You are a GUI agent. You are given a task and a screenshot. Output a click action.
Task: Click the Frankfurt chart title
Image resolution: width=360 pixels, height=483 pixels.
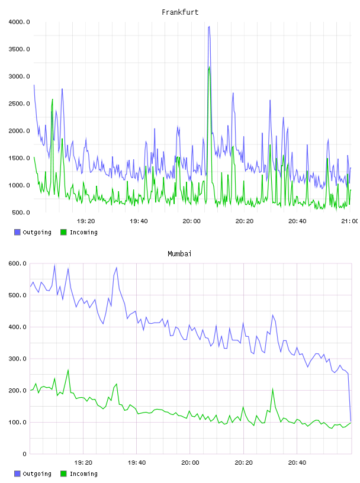tap(180, 12)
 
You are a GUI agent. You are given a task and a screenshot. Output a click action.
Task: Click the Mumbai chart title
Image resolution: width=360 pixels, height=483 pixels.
tap(179, 254)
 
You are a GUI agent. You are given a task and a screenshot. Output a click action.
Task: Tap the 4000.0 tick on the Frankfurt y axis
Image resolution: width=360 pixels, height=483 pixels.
tap(19, 22)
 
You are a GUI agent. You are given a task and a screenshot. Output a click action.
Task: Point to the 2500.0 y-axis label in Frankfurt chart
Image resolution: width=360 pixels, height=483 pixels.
tap(19, 104)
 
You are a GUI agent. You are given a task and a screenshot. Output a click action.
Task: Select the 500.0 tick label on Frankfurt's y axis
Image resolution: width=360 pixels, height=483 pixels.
tap(21, 212)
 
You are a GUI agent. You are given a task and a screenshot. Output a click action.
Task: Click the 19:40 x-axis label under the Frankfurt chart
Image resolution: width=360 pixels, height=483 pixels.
tap(139, 221)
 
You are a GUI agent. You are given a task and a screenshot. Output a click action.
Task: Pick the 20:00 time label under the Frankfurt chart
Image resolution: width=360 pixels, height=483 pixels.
tap(191, 221)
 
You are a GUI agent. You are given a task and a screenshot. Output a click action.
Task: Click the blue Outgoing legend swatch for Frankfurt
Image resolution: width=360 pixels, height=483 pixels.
tap(17, 232)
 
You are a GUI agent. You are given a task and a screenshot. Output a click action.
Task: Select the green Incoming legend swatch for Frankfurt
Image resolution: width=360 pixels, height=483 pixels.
tap(63, 232)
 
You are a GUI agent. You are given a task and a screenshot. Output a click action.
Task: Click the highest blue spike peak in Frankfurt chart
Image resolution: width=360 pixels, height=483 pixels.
tap(209, 27)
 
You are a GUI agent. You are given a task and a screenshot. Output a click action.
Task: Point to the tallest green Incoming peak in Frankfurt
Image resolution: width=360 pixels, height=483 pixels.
tap(209, 67)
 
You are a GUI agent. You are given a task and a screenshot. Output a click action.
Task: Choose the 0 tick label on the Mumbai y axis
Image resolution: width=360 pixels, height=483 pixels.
tap(25, 454)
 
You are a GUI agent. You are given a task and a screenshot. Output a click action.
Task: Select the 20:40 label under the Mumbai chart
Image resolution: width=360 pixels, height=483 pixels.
tap(297, 463)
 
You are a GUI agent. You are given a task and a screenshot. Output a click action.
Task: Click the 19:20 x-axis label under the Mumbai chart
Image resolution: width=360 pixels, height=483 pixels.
tap(83, 463)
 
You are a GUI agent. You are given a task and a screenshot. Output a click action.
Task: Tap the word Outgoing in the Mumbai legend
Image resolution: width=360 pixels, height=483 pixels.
tap(37, 474)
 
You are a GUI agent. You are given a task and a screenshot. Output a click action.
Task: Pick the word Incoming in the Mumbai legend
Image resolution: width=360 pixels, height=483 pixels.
tap(83, 474)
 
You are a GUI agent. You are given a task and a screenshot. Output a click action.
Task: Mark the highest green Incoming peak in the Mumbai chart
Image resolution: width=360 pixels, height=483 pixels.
tap(68, 370)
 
